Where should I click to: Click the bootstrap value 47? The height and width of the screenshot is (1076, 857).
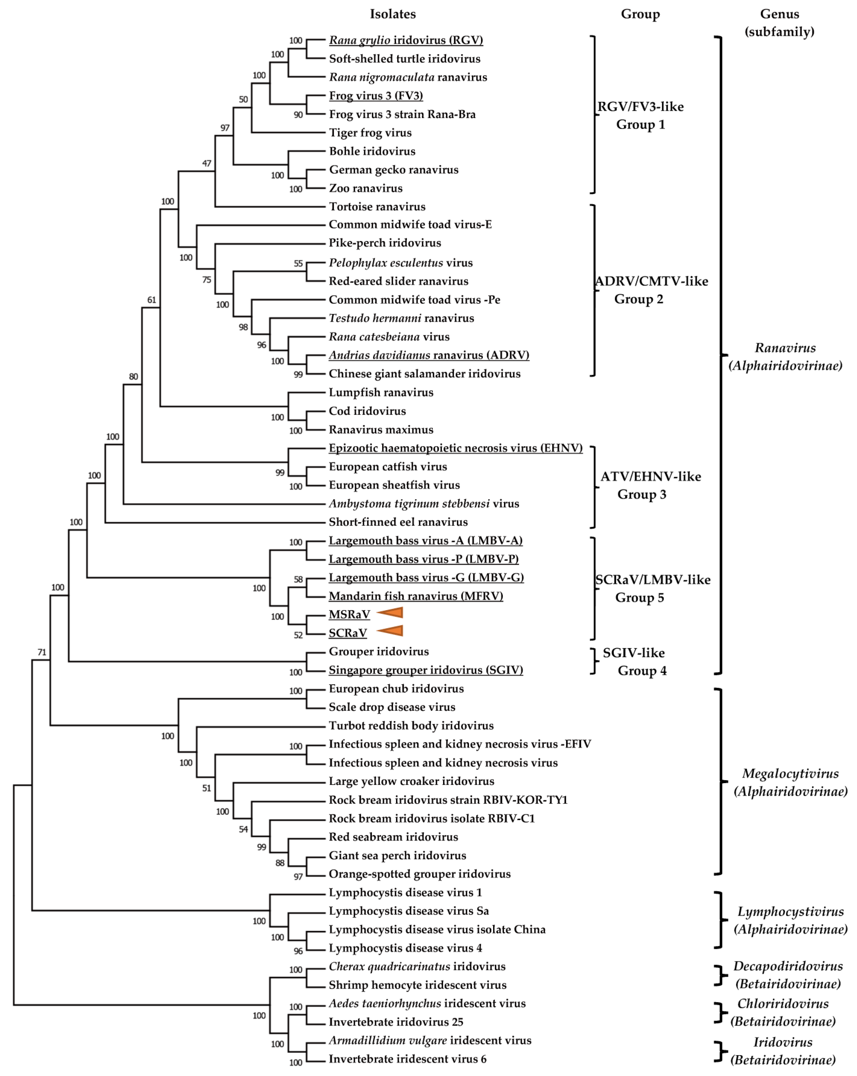pyautogui.click(x=207, y=163)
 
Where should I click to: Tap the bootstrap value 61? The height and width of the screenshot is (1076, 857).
pyautogui.click(x=151, y=300)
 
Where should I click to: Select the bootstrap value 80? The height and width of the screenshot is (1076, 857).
pyautogui.click(x=133, y=377)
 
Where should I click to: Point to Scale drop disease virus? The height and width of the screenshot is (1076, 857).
pyautogui.click(x=392, y=707)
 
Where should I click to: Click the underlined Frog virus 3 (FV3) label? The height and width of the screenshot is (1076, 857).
pyautogui.click(x=376, y=96)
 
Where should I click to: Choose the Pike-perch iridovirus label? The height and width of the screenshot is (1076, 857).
pyautogui.click(x=385, y=243)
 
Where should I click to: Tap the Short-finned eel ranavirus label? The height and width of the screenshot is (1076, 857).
pyautogui.click(x=398, y=522)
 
